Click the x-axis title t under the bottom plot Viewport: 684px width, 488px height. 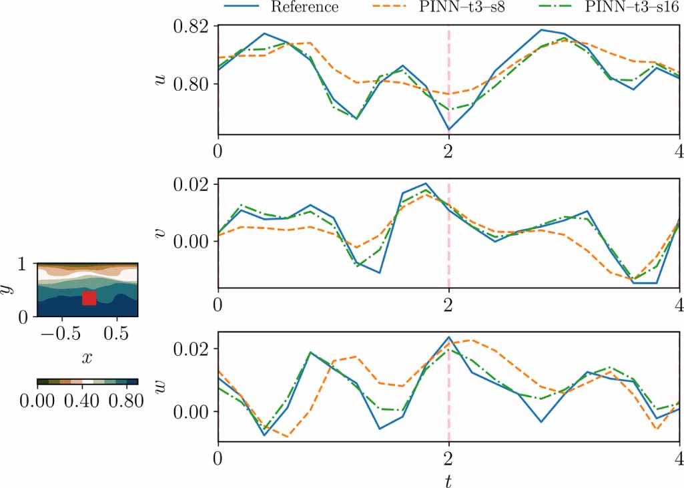448,479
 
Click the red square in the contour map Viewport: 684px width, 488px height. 89,298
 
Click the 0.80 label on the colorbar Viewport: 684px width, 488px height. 122,401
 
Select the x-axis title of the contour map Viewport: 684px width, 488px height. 87,358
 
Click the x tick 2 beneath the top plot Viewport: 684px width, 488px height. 448,150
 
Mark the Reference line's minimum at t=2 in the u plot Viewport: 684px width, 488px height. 448,130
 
